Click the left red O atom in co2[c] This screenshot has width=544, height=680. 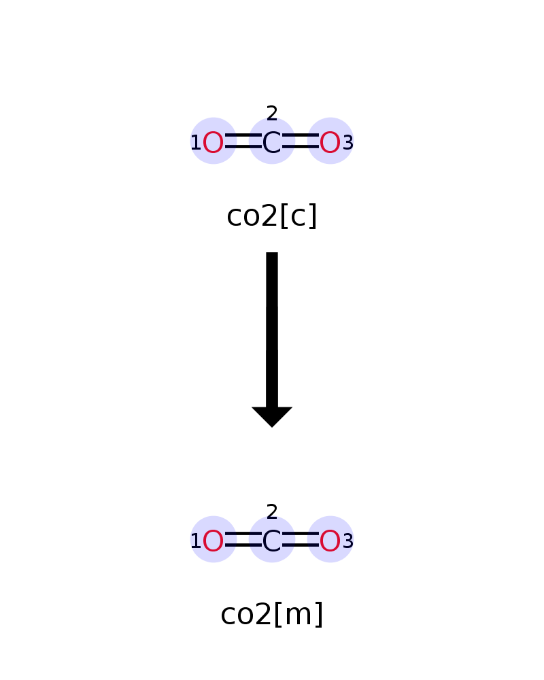213,143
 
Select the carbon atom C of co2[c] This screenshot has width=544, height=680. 271,143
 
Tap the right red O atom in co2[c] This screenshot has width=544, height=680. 330,143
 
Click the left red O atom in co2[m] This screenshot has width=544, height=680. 213,541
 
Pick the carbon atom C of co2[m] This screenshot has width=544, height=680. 271,541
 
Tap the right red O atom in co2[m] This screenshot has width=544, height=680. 330,541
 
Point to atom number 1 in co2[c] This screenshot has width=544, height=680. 196,143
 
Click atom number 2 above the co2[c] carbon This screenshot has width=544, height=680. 272,114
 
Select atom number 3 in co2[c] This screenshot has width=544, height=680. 348,143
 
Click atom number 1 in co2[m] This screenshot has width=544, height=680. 196,541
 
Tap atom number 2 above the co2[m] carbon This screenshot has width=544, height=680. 272,512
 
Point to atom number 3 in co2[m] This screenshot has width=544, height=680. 348,541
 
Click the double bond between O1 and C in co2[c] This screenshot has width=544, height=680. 243,141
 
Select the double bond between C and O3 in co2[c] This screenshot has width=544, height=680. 300,141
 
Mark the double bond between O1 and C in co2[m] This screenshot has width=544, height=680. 243,539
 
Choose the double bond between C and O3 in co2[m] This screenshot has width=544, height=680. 300,539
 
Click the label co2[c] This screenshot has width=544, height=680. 272,216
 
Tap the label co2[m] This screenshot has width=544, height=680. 272,613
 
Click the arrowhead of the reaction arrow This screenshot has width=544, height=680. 272,417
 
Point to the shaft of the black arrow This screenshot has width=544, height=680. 272,330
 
